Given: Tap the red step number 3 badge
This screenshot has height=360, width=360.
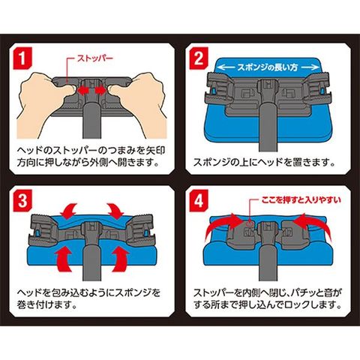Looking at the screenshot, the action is (x=22, y=201).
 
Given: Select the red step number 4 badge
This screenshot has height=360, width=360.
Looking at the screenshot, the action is (x=199, y=201).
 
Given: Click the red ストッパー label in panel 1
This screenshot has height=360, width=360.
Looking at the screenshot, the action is (x=95, y=58).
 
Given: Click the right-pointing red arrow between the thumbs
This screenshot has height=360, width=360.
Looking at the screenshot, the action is (x=100, y=91).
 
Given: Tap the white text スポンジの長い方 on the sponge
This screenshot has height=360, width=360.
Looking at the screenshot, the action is (x=268, y=67).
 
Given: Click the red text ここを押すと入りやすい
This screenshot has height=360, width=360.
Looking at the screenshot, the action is (x=301, y=199).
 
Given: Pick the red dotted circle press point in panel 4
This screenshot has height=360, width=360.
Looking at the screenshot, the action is (x=250, y=223).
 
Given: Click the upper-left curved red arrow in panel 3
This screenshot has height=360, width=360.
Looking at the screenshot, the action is (x=68, y=211).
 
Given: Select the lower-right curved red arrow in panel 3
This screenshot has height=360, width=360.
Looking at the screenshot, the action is (x=119, y=260).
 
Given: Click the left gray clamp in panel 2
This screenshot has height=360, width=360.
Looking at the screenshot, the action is (x=218, y=88).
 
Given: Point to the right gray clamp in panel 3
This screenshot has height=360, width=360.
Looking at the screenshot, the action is (x=140, y=231).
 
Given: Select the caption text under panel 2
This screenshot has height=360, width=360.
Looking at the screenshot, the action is (x=264, y=163).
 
